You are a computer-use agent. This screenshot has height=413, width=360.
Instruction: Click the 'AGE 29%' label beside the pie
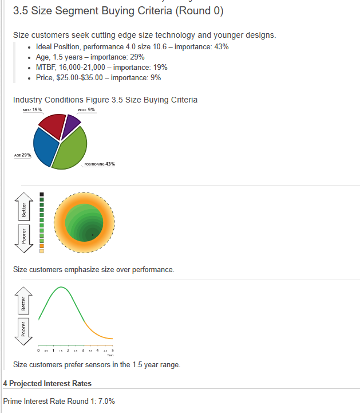coord(22,155)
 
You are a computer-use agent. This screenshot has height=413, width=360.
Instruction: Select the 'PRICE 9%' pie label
coord(86,109)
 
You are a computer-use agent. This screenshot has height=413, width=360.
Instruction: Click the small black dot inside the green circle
coord(93,227)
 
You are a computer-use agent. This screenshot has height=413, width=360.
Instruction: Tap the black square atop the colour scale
coord(42,193)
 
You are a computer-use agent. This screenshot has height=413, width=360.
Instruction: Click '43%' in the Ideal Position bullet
coord(221,46)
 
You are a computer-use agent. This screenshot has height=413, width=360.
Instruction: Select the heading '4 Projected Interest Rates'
coord(47,383)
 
